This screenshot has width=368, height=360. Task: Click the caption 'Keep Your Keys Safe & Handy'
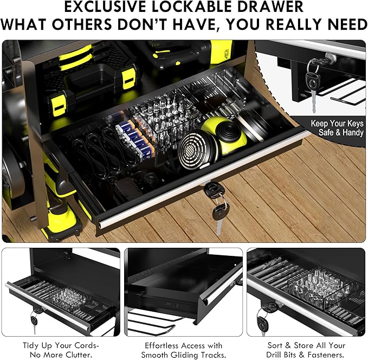click(x=337, y=128)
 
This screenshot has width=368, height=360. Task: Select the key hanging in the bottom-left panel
click(x=34, y=322)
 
